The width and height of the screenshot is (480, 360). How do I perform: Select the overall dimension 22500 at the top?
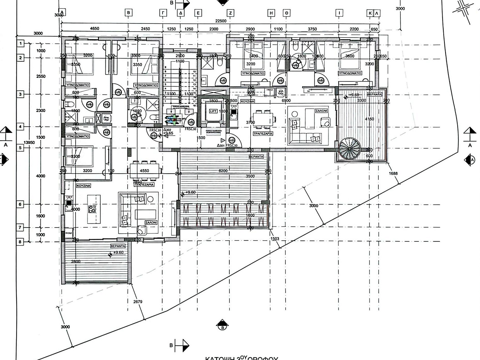(x=221, y=21)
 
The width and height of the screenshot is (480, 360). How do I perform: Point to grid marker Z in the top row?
(x=230, y=13)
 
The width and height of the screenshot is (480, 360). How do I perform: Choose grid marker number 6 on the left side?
(x=20, y=204)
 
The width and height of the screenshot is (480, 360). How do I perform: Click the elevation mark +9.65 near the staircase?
(x=169, y=134)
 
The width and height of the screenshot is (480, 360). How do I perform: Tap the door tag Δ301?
(x=221, y=145)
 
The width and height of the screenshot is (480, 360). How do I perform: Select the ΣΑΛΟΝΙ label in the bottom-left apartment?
(x=151, y=222)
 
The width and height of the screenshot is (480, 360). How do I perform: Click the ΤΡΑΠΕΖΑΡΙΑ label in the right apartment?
(x=263, y=134)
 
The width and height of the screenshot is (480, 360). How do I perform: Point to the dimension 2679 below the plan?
(x=138, y=302)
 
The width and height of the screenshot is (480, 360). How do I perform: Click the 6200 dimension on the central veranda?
(x=223, y=171)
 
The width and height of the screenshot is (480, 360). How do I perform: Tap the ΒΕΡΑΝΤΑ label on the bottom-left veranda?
(x=118, y=246)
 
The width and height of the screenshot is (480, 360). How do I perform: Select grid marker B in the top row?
(x=128, y=13)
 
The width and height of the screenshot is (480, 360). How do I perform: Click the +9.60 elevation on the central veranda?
(x=190, y=192)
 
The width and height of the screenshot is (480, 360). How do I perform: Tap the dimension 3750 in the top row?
(x=312, y=29)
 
